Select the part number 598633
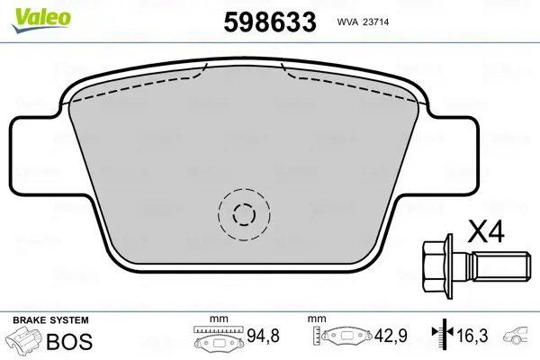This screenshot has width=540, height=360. pos(269,21)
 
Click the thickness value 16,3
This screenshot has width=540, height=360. pos(472,337)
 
